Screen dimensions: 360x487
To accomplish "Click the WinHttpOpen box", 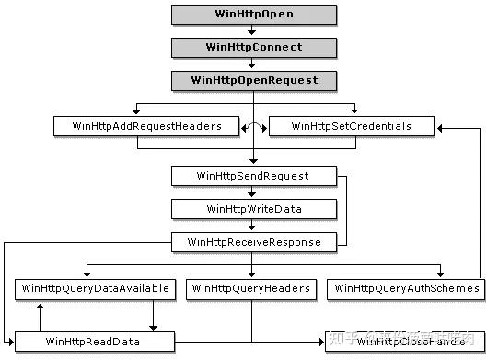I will coord(251,14).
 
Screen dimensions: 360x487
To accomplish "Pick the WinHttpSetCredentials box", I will coord(351,126).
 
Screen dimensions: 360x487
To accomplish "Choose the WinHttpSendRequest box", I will coord(251,175).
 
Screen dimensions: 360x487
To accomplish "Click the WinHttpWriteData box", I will coord(251,209).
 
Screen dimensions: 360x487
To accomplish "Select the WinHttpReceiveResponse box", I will coord(251,242).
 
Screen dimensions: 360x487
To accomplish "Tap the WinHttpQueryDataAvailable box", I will coord(95,289).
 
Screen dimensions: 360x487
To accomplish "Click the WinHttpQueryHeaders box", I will coord(251,289).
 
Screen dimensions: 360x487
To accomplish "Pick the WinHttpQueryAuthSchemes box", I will coord(406,289).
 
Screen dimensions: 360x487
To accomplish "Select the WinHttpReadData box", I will coord(95,342).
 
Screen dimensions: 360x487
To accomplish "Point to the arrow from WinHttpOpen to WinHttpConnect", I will coord(251,30).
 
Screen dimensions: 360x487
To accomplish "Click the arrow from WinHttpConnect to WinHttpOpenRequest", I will coord(251,64).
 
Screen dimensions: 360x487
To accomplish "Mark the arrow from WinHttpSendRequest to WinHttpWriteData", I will coord(251,192).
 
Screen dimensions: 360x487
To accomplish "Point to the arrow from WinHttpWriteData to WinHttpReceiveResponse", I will coord(251,226).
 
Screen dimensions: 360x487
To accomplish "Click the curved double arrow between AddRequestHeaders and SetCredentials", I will coord(251,124).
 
